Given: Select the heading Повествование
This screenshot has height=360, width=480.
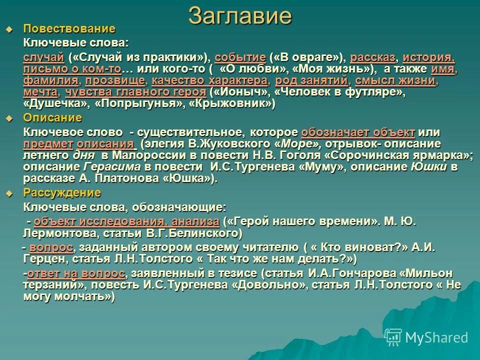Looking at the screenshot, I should (69, 28).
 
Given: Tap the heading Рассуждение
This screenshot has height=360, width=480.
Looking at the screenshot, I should (62, 193).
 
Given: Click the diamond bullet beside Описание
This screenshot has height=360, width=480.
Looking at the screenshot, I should (8, 118).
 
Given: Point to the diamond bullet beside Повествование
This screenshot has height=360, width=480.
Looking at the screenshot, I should (8, 29).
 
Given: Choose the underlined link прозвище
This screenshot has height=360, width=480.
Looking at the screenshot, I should (115, 80).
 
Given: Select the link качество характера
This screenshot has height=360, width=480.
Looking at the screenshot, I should (209, 80).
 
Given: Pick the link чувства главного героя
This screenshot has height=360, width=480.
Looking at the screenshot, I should (135, 92).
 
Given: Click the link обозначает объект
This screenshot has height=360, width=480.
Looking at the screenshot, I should (358, 132).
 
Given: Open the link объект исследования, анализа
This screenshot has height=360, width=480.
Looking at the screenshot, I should (126, 221).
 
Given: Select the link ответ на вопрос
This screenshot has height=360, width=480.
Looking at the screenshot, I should (76, 273).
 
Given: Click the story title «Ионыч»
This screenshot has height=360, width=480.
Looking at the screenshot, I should (234, 92).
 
